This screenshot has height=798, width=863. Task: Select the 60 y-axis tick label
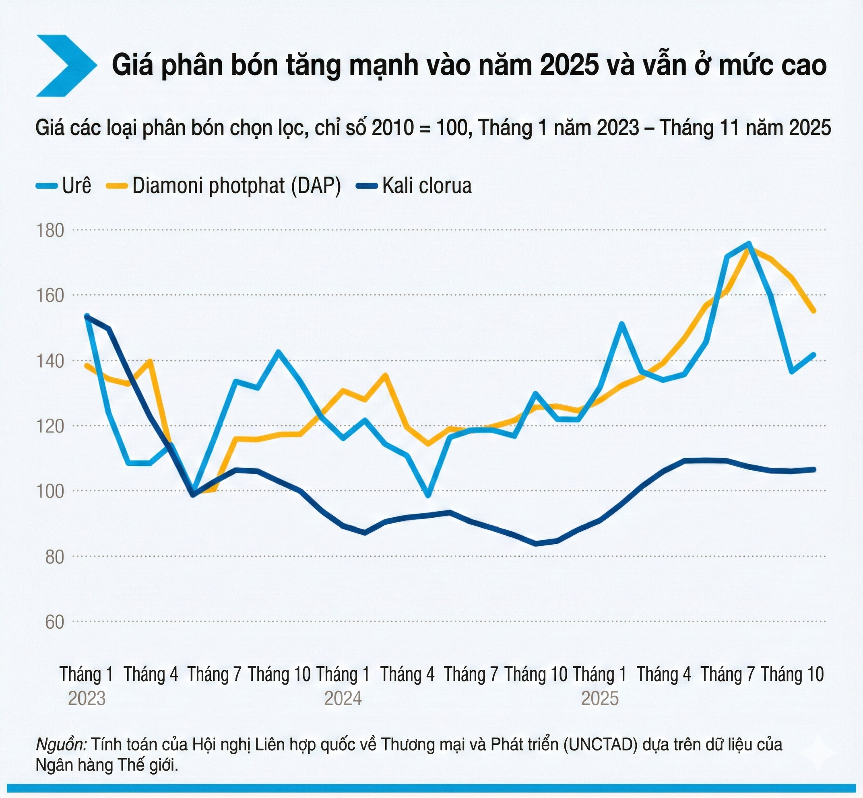(55, 622)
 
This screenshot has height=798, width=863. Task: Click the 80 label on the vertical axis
(55, 557)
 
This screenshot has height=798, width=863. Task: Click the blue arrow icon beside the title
(65, 65)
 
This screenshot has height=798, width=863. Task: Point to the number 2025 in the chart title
(570, 65)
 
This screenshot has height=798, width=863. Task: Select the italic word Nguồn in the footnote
(61, 745)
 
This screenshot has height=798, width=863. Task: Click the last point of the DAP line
(814, 311)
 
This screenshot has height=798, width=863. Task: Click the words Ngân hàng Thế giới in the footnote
(107, 765)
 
